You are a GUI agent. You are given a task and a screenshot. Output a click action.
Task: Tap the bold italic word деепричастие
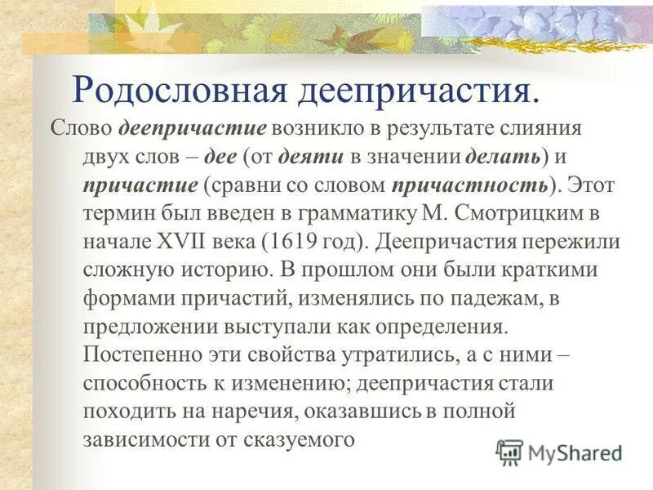pyautogui.click(x=193, y=128)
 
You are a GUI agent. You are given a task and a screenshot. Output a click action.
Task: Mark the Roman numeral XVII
pyautogui.click(x=189, y=242)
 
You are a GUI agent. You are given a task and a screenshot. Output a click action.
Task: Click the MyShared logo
pyautogui.click(x=559, y=452)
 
